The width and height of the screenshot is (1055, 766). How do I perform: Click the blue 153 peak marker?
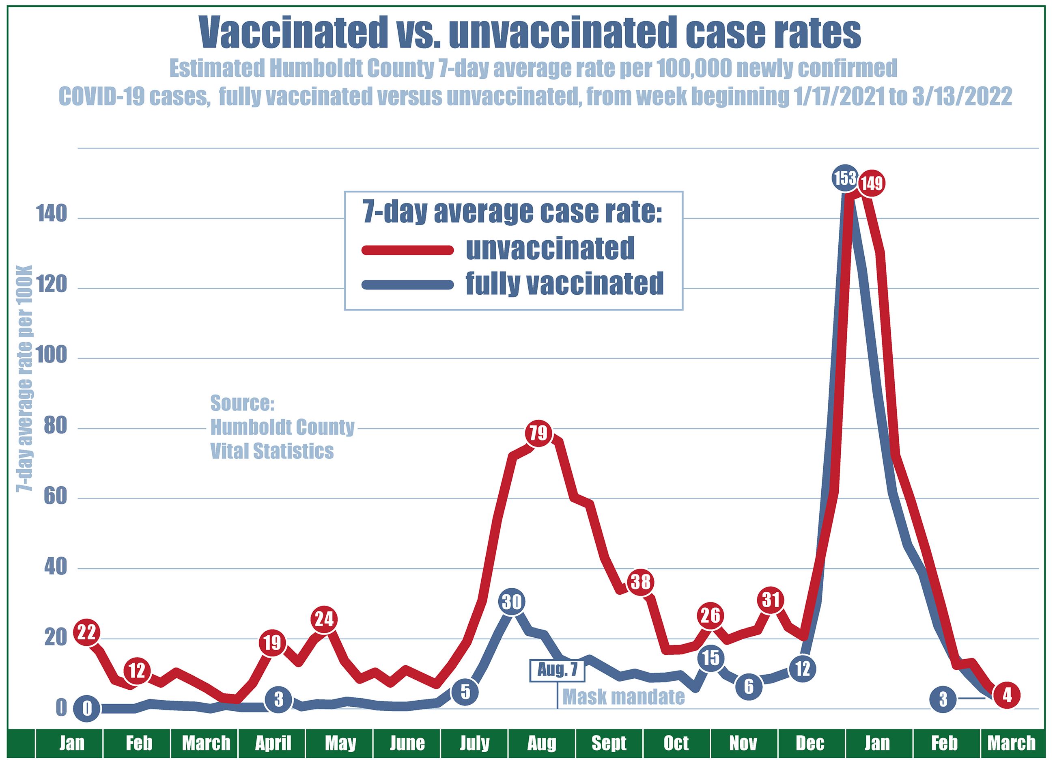click(845, 179)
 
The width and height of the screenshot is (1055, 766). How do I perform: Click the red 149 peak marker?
click(871, 183)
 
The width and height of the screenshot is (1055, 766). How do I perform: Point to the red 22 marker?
click(86, 632)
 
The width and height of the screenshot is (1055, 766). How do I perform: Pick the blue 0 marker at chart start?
click(86, 709)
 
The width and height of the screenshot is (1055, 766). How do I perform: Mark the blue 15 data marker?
click(711, 658)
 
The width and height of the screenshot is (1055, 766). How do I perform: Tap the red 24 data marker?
click(324, 620)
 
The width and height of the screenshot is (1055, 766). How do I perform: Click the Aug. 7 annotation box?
click(557, 670)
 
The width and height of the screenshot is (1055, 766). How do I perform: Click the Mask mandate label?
click(623, 697)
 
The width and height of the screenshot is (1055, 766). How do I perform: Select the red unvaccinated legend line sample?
click(407, 250)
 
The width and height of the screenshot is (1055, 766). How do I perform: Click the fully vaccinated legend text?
click(565, 283)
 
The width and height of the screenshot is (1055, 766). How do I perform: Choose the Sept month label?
click(609, 743)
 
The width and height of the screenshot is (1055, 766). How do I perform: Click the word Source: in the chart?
click(242, 403)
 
